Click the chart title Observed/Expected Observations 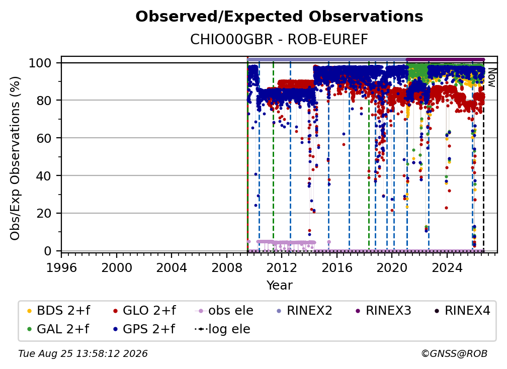pos(279,17)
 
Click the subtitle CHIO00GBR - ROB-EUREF pos(279,40)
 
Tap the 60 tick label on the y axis pos(44,138)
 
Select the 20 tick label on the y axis pos(44,214)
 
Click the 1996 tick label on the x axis pos(61,268)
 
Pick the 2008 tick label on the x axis pos(227,268)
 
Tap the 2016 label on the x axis pos(337,268)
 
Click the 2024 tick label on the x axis pos(447,268)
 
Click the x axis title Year pos(279,286)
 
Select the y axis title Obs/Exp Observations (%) pos(15,158)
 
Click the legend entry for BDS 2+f pos(58,311)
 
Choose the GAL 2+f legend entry pos(58,329)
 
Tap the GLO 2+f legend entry pos(144,311)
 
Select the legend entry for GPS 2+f pos(144,329)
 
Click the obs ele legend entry pos(224,311)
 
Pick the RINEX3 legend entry pos(383,311)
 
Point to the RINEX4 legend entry pos(462,311)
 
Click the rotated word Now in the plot pos(491,77)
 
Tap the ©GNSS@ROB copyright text pos(454,354)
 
